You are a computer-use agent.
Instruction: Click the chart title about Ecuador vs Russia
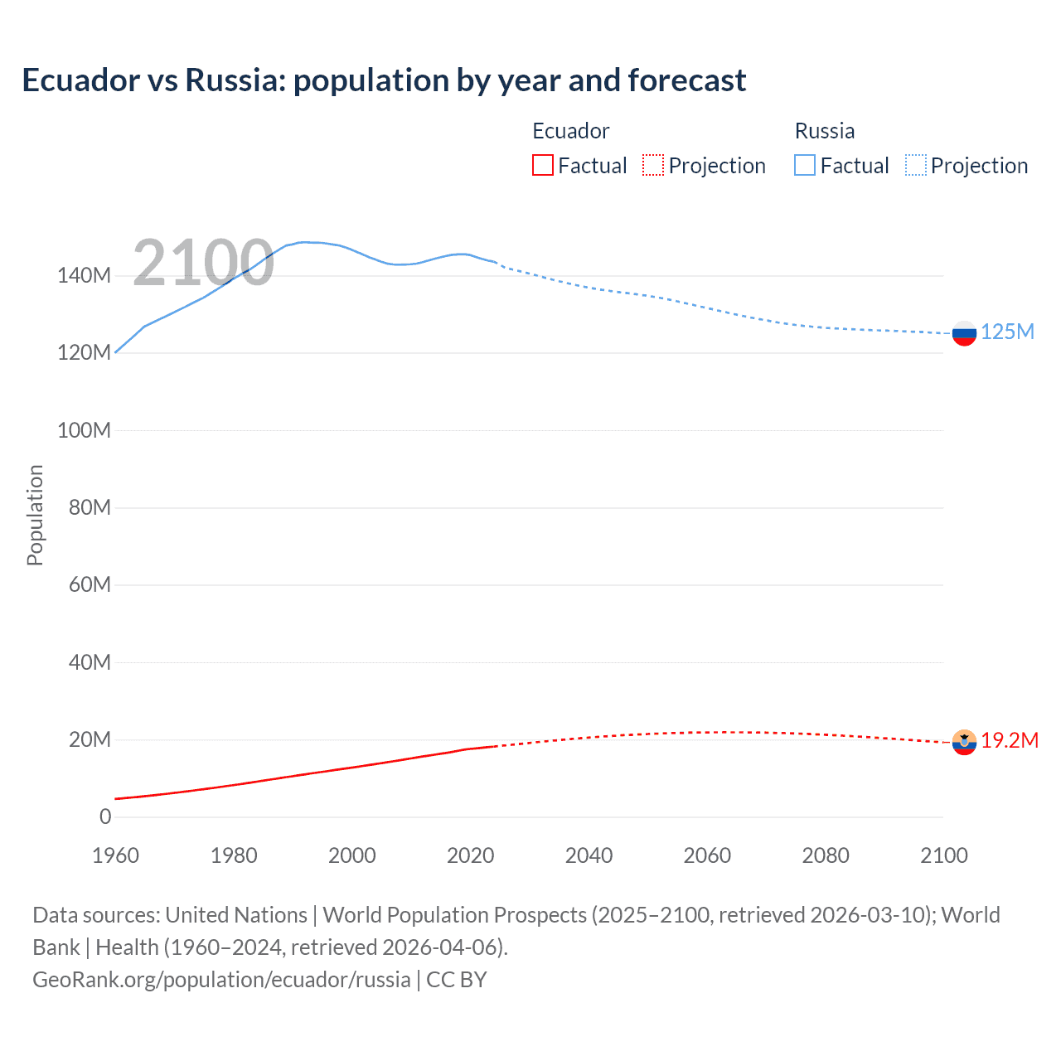click(384, 80)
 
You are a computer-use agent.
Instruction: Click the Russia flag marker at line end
click(964, 333)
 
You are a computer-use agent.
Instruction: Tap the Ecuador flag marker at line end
click(964, 742)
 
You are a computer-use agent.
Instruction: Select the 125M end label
click(1007, 332)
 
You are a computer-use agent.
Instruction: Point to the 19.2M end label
click(1010, 741)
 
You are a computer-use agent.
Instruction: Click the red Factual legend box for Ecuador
click(543, 166)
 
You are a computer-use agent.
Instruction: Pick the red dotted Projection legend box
click(653, 166)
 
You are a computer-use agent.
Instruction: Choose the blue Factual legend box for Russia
click(805, 166)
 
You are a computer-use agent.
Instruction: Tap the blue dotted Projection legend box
click(915, 166)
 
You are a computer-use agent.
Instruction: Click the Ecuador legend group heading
click(570, 131)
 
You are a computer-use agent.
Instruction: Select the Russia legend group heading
click(824, 131)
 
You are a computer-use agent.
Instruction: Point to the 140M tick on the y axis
click(84, 276)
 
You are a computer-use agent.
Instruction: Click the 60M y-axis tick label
click(90, 585)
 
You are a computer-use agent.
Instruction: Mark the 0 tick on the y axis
click(105, 817)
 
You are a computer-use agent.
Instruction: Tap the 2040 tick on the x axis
click(589, 855)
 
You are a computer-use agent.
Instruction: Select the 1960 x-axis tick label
click(115, 855)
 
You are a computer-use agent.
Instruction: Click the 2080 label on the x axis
click(826, 855)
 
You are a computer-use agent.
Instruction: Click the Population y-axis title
click(35, 515)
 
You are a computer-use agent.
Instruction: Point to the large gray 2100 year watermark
click(203, 263)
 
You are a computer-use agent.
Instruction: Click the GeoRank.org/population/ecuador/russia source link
click(221, 980)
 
